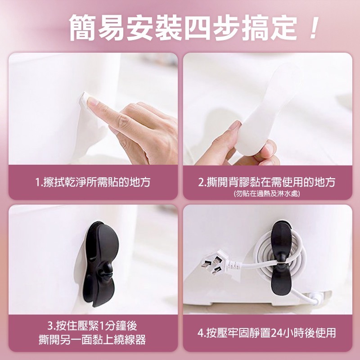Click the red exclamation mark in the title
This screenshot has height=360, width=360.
(313, 28)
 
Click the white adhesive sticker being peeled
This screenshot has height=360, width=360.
(265, 108)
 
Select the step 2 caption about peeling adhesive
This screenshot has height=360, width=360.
(267, 182)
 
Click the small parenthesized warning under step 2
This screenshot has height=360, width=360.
(267, 194)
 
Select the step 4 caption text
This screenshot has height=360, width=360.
(267, 333)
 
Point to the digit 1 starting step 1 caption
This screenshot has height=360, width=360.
(38, 182)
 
